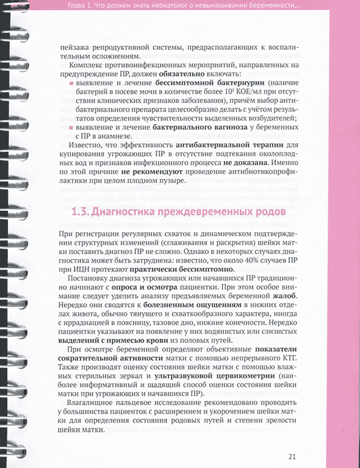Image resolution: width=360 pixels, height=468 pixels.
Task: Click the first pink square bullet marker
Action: click(72, 82)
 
